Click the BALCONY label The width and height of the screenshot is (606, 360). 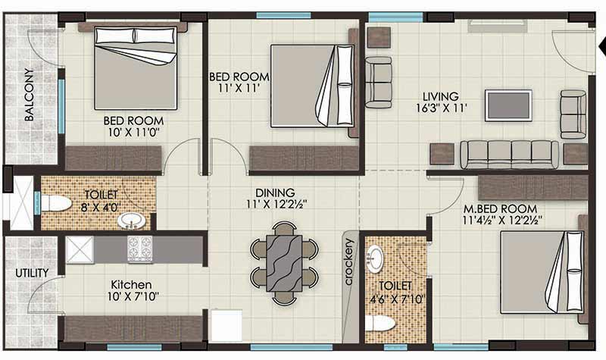(29, 95)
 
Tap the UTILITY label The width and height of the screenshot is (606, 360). (31, 272)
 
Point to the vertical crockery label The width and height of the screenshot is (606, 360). (349, 261)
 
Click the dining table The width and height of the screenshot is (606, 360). (284, 263)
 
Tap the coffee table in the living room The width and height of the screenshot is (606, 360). (508, 105)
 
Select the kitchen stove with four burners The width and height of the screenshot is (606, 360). (139, 249)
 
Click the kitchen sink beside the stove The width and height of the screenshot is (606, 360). (79, 249)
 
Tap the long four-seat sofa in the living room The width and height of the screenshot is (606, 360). (509, 154)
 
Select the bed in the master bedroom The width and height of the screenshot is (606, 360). (542, 271)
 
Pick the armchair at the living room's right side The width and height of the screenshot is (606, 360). (573, 114)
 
